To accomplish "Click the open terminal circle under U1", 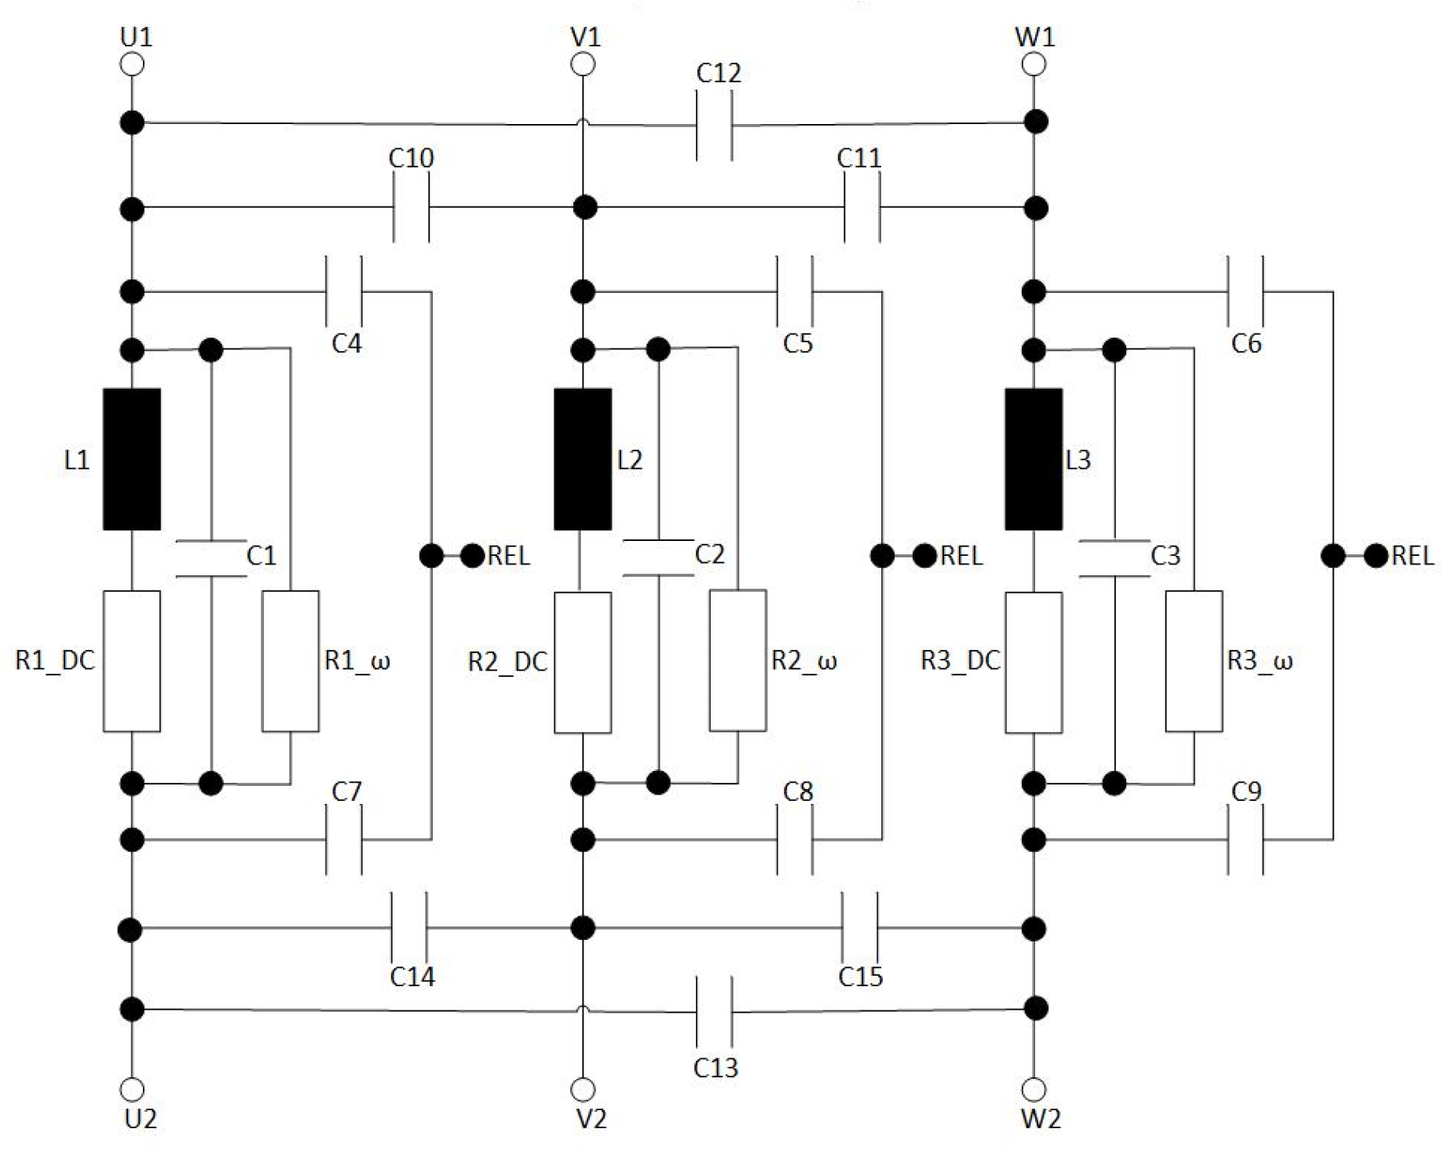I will pos(132,64).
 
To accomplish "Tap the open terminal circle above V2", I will pos(582,1089).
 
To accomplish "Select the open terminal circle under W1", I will pos(1034,64).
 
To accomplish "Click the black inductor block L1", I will pos(132,459).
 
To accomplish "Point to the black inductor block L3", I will pos(1034,459).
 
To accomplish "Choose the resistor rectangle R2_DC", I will pos(582,662).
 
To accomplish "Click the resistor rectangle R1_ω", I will pos(290,661).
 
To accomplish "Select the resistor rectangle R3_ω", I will pos(1193,661).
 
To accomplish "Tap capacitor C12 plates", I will pos(714,125).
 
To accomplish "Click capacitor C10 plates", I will pos(411,208).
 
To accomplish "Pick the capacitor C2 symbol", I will pos(658,558).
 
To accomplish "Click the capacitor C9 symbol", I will pos(1245,840).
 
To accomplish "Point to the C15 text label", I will pos(860,977).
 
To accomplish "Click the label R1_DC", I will pos(55,660).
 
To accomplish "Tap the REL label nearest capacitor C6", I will pos(1412,556).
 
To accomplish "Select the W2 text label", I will pos(1040,1118).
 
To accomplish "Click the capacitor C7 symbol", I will pos(344,840).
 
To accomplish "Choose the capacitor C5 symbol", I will pos(794,292).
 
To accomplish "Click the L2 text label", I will pos(629,460).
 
